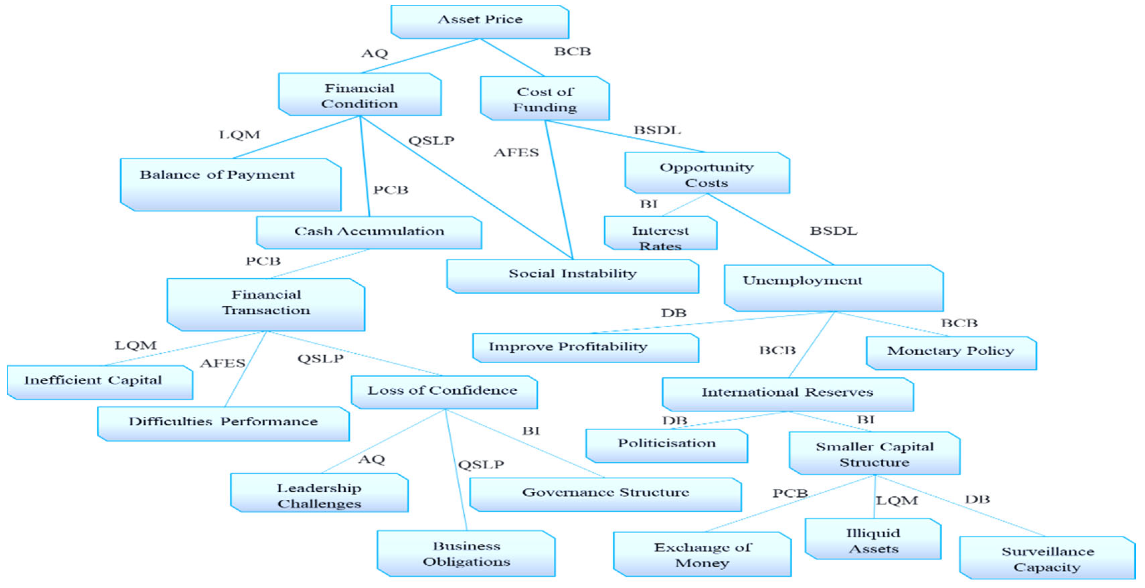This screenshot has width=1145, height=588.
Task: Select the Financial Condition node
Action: (360, 95)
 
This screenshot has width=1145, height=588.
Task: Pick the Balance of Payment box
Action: (230, 184)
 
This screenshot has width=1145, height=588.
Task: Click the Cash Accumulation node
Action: (369, 232)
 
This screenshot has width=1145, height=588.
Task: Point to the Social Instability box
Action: (572, 276)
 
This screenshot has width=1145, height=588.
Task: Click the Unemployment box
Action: (833, 288)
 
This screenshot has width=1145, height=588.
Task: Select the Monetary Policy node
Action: (951, 353)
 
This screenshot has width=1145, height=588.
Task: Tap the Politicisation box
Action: (667, 445)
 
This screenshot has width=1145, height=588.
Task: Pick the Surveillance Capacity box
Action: (1047, 558)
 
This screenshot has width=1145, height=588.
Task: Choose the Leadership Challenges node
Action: (319, 493)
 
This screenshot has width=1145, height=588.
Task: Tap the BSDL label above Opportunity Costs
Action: (657, 130)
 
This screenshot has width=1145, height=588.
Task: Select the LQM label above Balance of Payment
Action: (239, 135)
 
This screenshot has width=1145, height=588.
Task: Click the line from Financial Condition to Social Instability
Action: (467, 188)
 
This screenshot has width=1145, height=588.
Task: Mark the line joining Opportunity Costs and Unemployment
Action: (770, 229)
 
